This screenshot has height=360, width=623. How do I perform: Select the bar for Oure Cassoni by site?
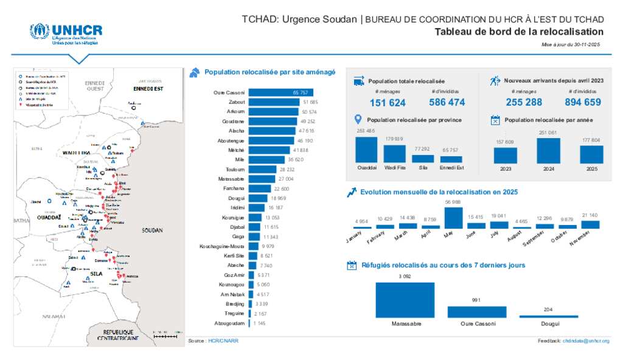[282, 92]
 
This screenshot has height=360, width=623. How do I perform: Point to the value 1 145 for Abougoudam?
[260, 323]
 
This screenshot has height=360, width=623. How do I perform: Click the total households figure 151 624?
[388, 102]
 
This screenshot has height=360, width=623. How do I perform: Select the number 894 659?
[583, 102]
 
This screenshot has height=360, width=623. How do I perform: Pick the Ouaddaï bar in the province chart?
[366, 150]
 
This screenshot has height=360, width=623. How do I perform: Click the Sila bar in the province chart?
[422, 158]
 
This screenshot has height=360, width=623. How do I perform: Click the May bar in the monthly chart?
[453, 218]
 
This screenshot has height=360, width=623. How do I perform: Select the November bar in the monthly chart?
[590, 224]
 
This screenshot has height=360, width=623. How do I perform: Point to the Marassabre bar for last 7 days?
[405, 300]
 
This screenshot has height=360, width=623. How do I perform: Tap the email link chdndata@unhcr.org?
[586, 341]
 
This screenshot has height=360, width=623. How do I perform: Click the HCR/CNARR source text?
[223, 341]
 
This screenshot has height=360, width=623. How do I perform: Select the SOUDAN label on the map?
[152, 231]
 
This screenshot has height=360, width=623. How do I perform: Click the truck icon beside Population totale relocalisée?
[358, 81]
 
